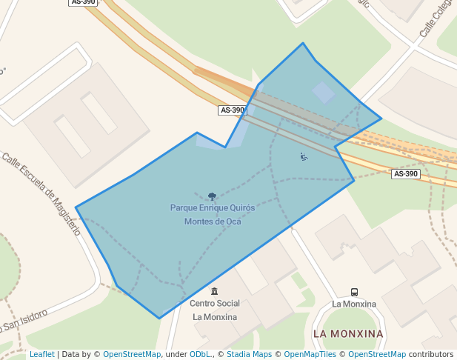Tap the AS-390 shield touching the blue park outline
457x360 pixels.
(232, 110)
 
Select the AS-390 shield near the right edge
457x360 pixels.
(405, 174)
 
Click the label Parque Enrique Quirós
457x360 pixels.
(213, 208)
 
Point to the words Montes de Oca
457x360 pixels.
(213, 221)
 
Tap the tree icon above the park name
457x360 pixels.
(213, 196)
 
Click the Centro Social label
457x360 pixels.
(215, 304)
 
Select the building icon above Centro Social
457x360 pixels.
(215, 291)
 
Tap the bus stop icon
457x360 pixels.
(354, 292)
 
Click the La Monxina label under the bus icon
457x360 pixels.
(354, 304)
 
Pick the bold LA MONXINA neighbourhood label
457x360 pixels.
(348, 334)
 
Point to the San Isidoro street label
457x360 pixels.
(25, 320)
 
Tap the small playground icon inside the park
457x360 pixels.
(304, 156)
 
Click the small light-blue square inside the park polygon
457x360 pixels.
(324, 93)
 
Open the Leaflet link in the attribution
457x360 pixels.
(42, 355)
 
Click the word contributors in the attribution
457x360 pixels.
(431, 355)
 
